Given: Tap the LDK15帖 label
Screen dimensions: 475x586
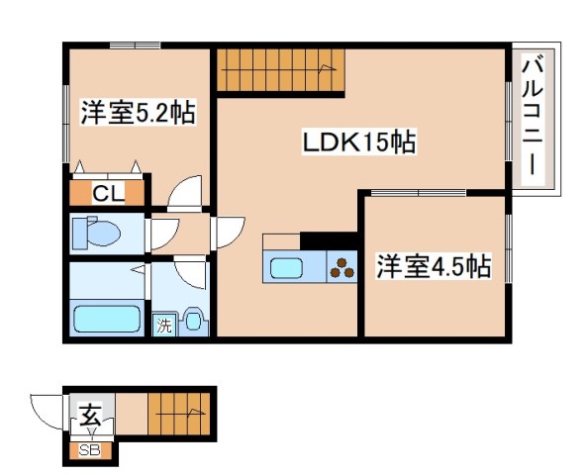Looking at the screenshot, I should coord(358,143).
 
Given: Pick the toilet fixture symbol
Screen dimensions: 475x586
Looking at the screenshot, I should coord(95,235).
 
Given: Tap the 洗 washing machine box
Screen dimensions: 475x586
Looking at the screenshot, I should coord(162,325).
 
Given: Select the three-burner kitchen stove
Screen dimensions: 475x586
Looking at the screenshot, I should coord(342,267).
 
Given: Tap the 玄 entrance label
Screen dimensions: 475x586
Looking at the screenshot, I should coord(90,416).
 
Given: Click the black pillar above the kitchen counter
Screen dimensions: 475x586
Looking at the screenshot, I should coord(328,241).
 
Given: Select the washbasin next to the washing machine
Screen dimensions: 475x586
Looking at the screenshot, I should coord(192,321).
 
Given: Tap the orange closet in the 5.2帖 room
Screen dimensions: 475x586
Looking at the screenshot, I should coord(108,189).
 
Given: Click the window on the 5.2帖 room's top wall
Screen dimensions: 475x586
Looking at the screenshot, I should coord(135,45).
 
